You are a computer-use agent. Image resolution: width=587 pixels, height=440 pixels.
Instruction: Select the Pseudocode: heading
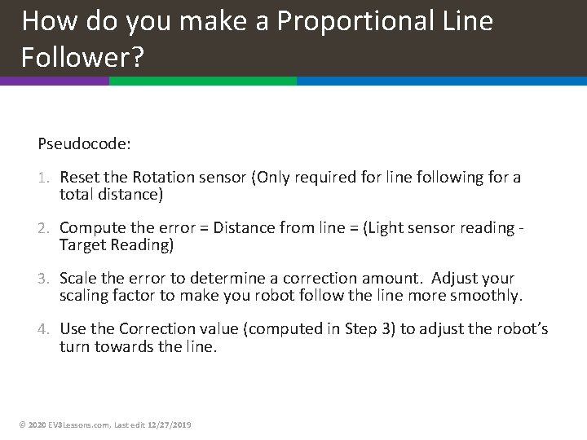[x=84, y=143]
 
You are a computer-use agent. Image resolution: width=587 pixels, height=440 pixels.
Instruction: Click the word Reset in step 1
[x=80, y=178]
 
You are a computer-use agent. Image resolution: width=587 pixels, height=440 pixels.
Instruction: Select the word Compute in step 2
[x=89, y=228]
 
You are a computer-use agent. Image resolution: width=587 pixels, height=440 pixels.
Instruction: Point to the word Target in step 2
[x=82, y=244]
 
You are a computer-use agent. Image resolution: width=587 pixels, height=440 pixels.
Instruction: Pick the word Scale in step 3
[x=77, y=279]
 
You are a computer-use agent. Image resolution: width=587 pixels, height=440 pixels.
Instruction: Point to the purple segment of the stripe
[x=54, y=81]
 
